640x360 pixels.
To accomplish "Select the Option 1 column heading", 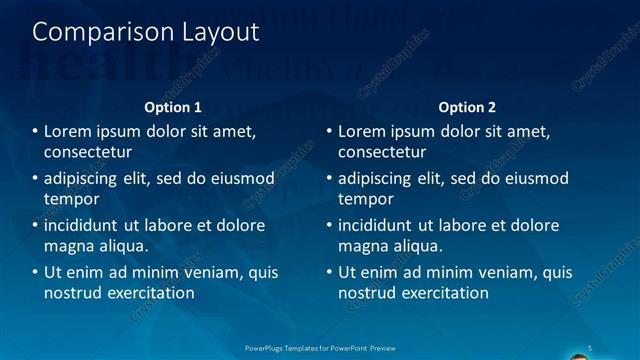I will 173,107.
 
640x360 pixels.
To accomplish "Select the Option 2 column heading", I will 467,107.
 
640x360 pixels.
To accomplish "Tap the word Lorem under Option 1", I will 68,132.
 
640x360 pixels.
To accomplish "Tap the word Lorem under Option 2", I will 362,132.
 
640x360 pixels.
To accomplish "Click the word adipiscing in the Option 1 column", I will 88,179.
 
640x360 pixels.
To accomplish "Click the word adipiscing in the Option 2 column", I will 382,179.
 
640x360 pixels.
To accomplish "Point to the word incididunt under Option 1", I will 88,225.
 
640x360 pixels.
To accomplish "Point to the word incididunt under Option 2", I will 382,225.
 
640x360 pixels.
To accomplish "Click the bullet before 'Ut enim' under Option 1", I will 35,272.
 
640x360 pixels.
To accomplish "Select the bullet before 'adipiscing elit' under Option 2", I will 329,179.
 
